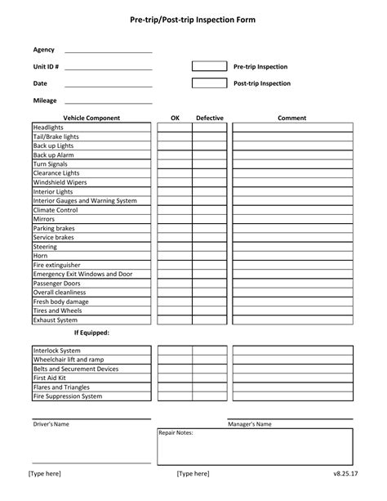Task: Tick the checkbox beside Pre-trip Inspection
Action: [x=209, y=66]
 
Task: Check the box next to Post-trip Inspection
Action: [x=209, y=83]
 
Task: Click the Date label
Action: [x=40, y=83]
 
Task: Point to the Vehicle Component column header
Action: [x=91, y=118]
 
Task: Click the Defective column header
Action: [x=210, y=118]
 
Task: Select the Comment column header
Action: [x=291, y=118]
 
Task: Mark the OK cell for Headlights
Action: [x=175, y=127]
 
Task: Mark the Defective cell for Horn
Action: [x=210, y=256]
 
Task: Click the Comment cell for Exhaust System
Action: [x=291, y=320]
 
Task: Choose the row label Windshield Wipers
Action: [x=60, y=182]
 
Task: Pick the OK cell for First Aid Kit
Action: [x=175, y=378]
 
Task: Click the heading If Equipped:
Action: [x=91, y=333]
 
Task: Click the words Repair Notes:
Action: [x=176, y=432]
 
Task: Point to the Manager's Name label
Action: [x=250, y=424]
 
